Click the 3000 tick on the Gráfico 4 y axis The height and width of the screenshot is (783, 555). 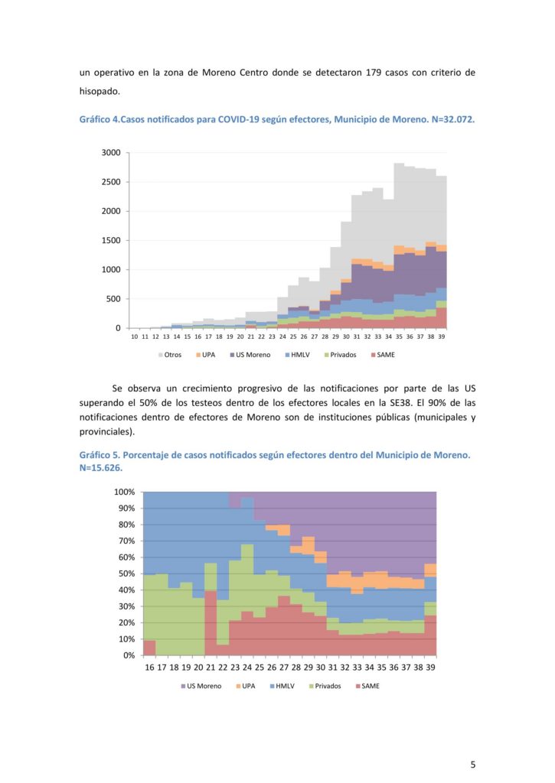click(112, 153)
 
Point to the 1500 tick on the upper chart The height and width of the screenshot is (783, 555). click(112, 241)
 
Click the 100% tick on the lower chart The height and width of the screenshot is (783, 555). click(124, 492)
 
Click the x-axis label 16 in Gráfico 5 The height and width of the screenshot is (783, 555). click(150, 668)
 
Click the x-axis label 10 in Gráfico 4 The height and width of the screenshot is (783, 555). click(135, 336)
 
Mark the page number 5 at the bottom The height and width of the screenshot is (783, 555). click(473, 765)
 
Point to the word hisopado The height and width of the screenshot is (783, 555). click(100, 92)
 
